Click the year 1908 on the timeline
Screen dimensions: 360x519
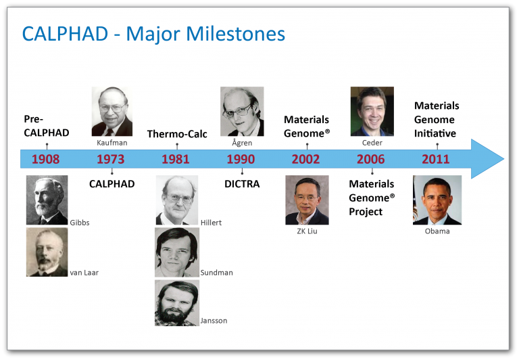45,160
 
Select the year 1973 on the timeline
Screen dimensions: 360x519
110,160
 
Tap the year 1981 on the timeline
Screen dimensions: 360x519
176,160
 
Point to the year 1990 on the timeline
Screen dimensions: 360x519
241,160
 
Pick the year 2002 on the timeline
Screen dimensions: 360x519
305,160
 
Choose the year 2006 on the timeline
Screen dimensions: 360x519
370,160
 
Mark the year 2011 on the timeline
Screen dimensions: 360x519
436,160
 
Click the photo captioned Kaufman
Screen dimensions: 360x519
112,112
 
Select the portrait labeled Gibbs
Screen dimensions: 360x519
47,200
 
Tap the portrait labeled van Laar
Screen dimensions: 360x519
47,252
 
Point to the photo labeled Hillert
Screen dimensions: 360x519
177,200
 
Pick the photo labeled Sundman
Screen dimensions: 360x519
177,252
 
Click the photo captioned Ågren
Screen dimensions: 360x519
242,112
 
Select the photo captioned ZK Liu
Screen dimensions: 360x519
307,200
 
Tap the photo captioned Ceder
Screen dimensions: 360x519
372,112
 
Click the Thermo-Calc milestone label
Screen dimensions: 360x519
177,133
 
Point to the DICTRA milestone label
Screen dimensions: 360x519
242,184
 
